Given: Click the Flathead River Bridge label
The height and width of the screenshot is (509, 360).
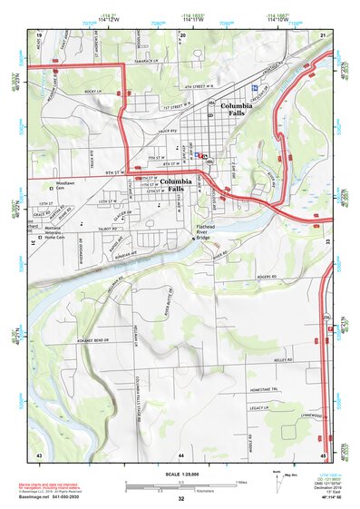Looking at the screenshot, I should click(210, 231).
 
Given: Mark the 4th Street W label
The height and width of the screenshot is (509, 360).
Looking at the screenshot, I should click(201, 89).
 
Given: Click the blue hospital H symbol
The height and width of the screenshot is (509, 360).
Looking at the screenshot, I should click(256, 87).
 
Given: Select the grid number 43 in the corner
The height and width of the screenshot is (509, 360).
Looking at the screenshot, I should click(39, 453).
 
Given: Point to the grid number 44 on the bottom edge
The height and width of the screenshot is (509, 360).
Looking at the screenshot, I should click(181, 453).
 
